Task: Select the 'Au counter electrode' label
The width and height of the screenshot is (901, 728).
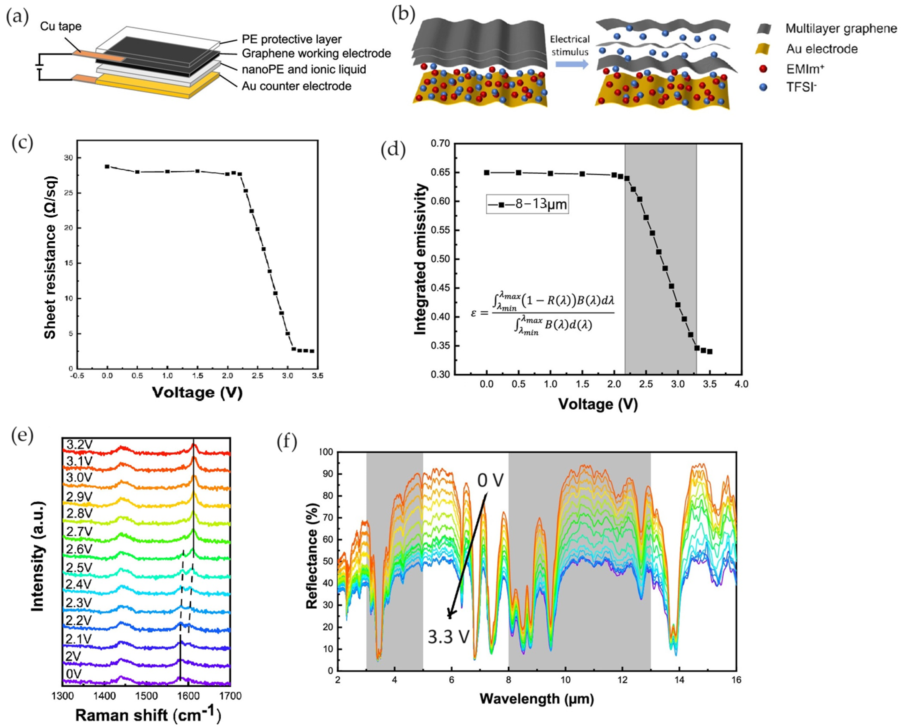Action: [296, 86]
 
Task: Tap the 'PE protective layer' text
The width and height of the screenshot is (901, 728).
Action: [291, 39]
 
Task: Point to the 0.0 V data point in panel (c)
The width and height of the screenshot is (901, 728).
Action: [107, 167]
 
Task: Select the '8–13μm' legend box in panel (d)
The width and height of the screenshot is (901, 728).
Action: [527, 204]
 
